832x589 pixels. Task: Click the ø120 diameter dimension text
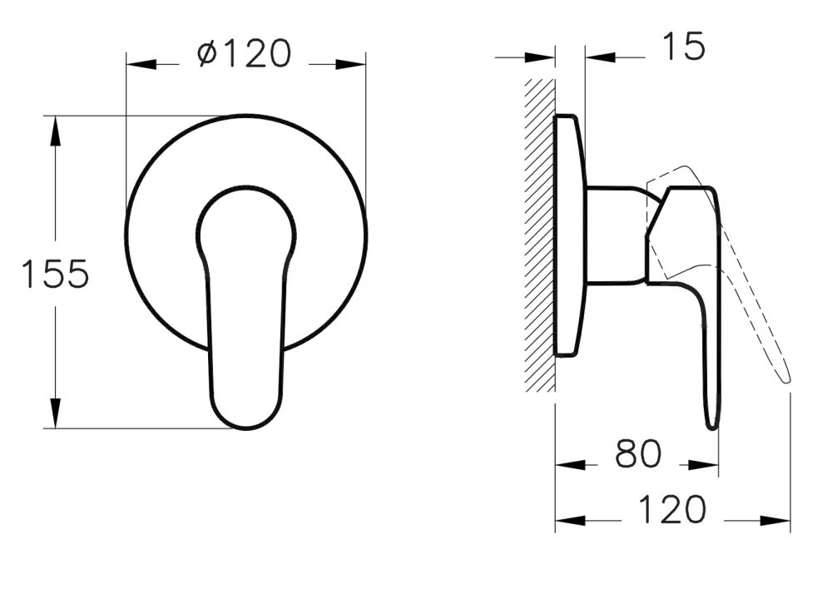coord(245,54)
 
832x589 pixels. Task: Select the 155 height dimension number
coord(55,274)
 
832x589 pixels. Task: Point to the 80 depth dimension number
coord(638,454)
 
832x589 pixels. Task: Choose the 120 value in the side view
coord(672,509)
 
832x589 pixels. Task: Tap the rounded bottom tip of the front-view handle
coord(246,423)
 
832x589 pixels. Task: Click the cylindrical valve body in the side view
coord(615,235)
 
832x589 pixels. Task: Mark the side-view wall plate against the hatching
coord(569,235)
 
